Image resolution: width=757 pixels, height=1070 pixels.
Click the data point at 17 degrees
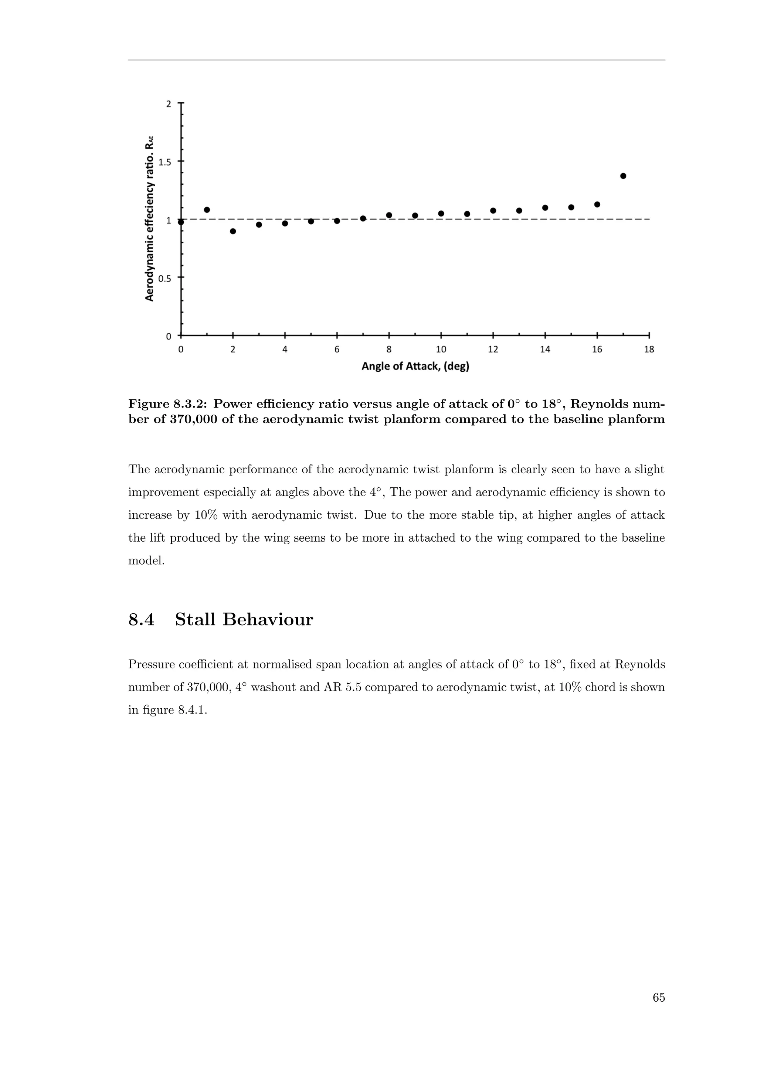point(623,176)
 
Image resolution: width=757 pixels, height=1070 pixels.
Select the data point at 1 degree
point(207,210)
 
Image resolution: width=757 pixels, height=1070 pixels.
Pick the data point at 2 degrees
point(233,231)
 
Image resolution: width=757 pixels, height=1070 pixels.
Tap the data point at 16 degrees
point(597,204)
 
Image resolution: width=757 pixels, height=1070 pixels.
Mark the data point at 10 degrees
point(441,214)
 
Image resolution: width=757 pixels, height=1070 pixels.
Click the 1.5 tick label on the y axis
point(165,162)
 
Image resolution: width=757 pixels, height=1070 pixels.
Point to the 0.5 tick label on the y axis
point(165,279)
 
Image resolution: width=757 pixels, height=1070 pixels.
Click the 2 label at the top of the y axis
point(169,104)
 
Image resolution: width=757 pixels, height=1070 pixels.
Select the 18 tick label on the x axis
point(649,350)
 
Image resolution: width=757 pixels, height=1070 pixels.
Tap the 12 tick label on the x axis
point(493,350)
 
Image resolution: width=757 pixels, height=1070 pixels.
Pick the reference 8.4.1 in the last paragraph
point(192,710)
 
